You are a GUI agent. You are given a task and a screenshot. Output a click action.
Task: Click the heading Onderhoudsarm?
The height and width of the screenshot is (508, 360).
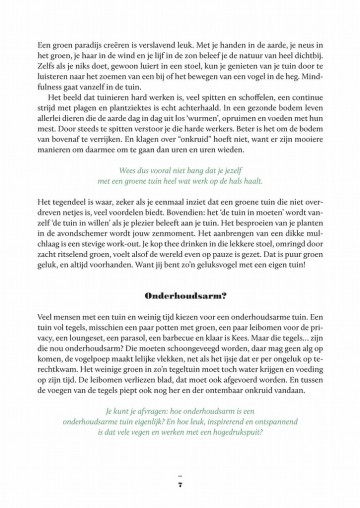(180, 296)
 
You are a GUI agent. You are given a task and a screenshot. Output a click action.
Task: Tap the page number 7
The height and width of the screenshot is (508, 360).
(180, 487)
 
